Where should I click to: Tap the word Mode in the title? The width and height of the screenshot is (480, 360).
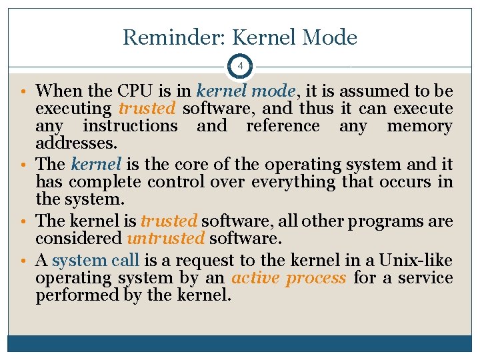[x=329, y=37]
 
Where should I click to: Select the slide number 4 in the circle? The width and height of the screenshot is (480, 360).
[x=239, y=67]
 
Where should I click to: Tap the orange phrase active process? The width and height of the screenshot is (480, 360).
[x=288, y=277]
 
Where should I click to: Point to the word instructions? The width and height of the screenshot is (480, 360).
[x=130, y=126]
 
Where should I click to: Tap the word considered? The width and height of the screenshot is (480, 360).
[x=77, y=238]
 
